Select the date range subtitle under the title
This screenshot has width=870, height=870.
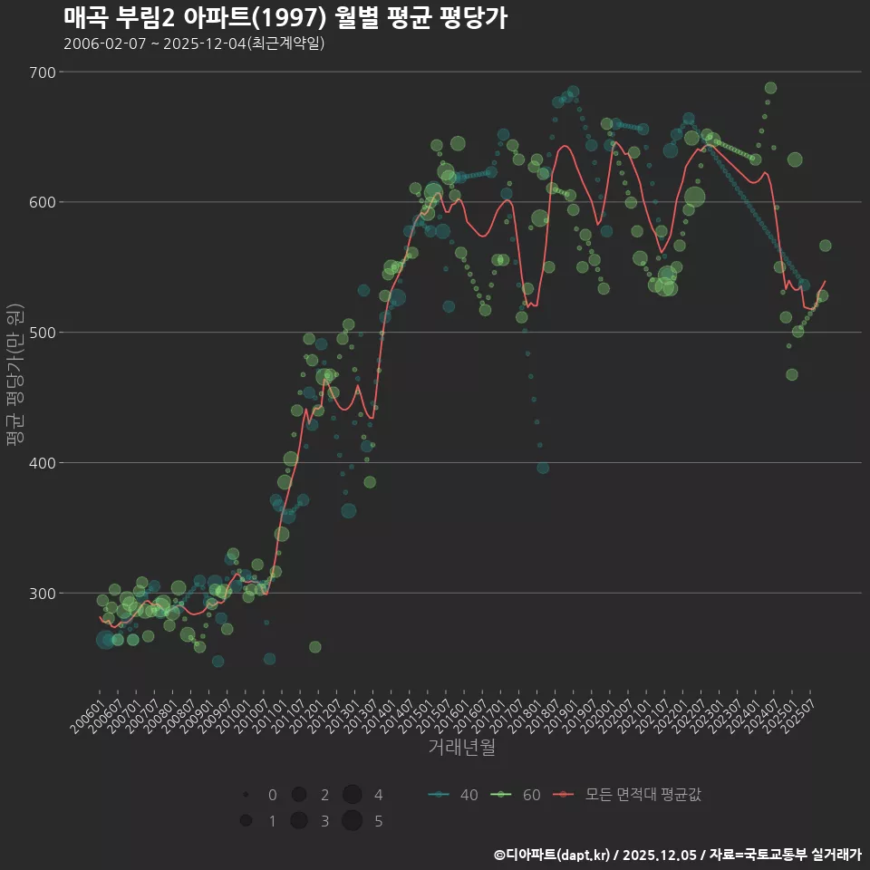[x=194, y=43]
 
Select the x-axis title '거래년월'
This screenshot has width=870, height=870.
[x=461, y=749]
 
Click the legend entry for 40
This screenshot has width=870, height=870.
[x=453, y=796]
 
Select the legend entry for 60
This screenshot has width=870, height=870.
[x=516, y=796]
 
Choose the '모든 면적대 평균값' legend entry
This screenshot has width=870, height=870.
[x=632, y=796]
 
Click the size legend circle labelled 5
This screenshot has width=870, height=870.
[x=353, y=821]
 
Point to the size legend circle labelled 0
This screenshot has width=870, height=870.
[x=246, y=795]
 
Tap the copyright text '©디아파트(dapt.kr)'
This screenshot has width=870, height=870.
[x=554, y=855]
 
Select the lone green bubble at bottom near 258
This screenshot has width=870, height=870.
[x=314, y=647]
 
